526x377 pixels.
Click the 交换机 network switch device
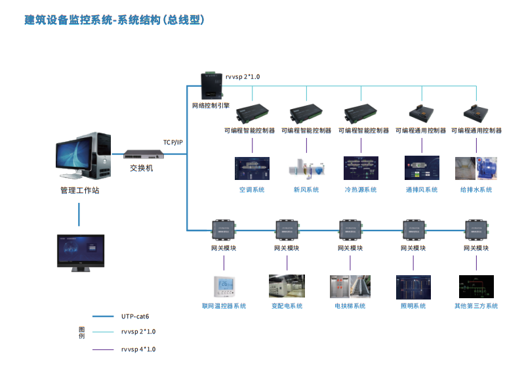(x=144, y=154)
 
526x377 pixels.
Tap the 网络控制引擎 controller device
(x=212, y=85)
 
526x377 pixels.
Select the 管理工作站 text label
(x=80, y=190)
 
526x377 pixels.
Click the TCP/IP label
(x=173, y=143)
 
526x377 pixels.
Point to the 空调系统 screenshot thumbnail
(x=252, y=168)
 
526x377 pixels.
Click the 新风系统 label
(x=306, y=190)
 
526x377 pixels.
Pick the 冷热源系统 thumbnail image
(x=361, y=168)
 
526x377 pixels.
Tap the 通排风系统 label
(x=422, y=190)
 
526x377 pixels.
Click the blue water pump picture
(x=487, y=168)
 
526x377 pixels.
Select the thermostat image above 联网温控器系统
(x=224, y=286)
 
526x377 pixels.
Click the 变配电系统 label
(x=287, y=306)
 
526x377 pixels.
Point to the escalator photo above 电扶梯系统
(x=360, y=286)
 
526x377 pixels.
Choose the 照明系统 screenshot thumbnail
(x=413, y=287)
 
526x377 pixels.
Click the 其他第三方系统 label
(x=476, y=306)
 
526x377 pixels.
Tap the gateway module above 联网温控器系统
(x=224, y=230)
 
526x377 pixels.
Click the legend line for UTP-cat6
(x=103, y=316)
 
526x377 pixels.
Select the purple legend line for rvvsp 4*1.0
(x=103, y=350)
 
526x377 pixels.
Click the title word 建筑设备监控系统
(x=68, y=20)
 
